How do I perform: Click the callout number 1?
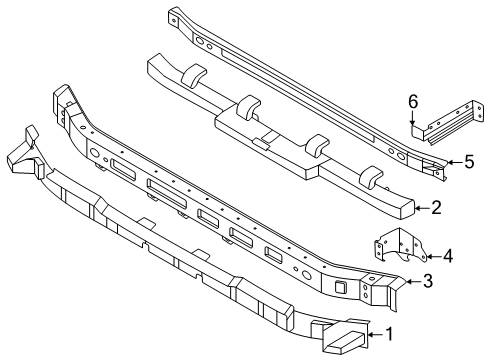pos(389,335)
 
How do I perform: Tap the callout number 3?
pos(427,282)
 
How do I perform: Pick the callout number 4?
pos(447,256)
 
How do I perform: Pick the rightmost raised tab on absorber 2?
pos(372,177)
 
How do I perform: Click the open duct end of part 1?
pos(342,343)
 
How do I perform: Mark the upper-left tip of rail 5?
pos(173,13)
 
